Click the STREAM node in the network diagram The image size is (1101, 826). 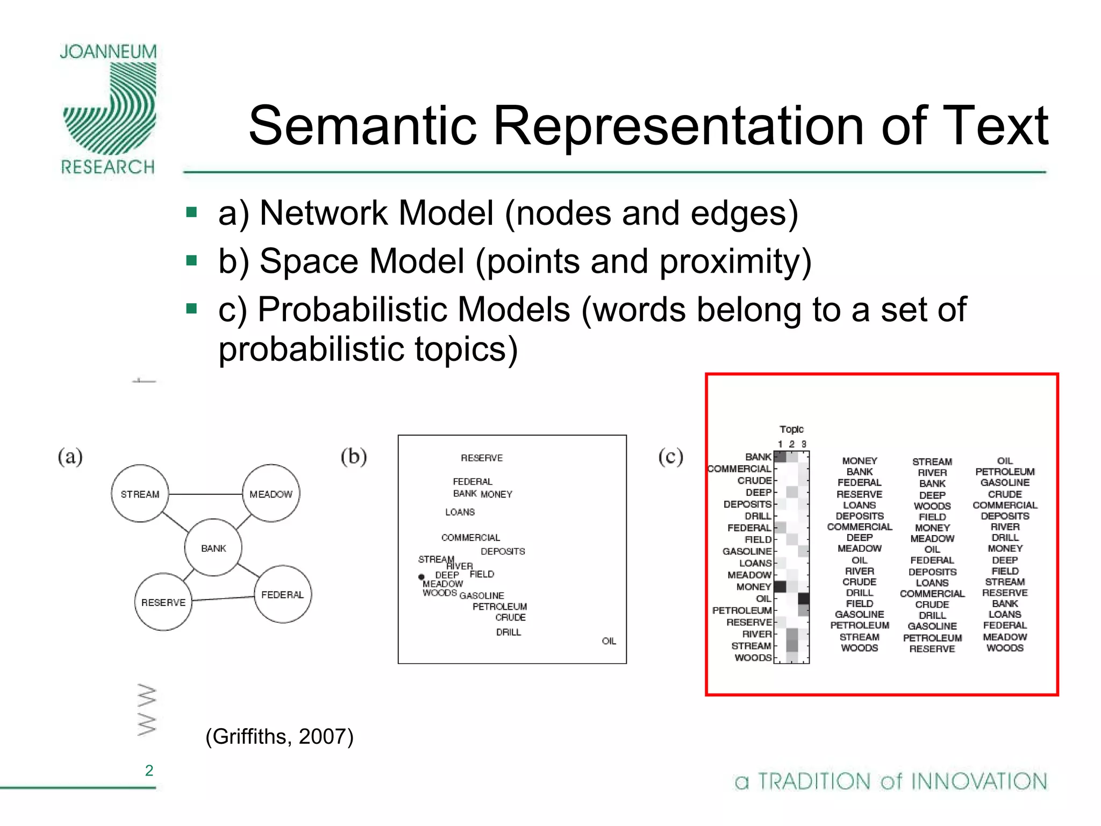tap(140, 494)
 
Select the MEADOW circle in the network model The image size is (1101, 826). tap(271, 494)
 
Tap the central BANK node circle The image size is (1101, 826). tap(213, 548)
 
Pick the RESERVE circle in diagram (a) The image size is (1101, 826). tap(163, 602)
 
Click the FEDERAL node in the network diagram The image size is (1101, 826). tap(282, 594)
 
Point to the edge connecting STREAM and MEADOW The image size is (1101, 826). tap(205, 494)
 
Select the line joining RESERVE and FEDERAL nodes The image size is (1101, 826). tap(223, 599)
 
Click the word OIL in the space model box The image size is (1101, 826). tap(609, 641)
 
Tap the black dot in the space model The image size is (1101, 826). tap(421, 577)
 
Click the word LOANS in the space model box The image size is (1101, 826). tap(460, 512)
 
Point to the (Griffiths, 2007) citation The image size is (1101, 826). tap(280, 736)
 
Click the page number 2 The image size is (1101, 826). tap(149, 771)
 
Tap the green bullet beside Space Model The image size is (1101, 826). tap(191, 261)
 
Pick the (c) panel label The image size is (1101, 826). tap(670, 457)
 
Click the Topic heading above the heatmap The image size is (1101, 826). tap(791, 429)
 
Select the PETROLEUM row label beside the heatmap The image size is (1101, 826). tap(742, 610)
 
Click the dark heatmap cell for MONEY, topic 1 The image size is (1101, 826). tap(780, 587)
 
